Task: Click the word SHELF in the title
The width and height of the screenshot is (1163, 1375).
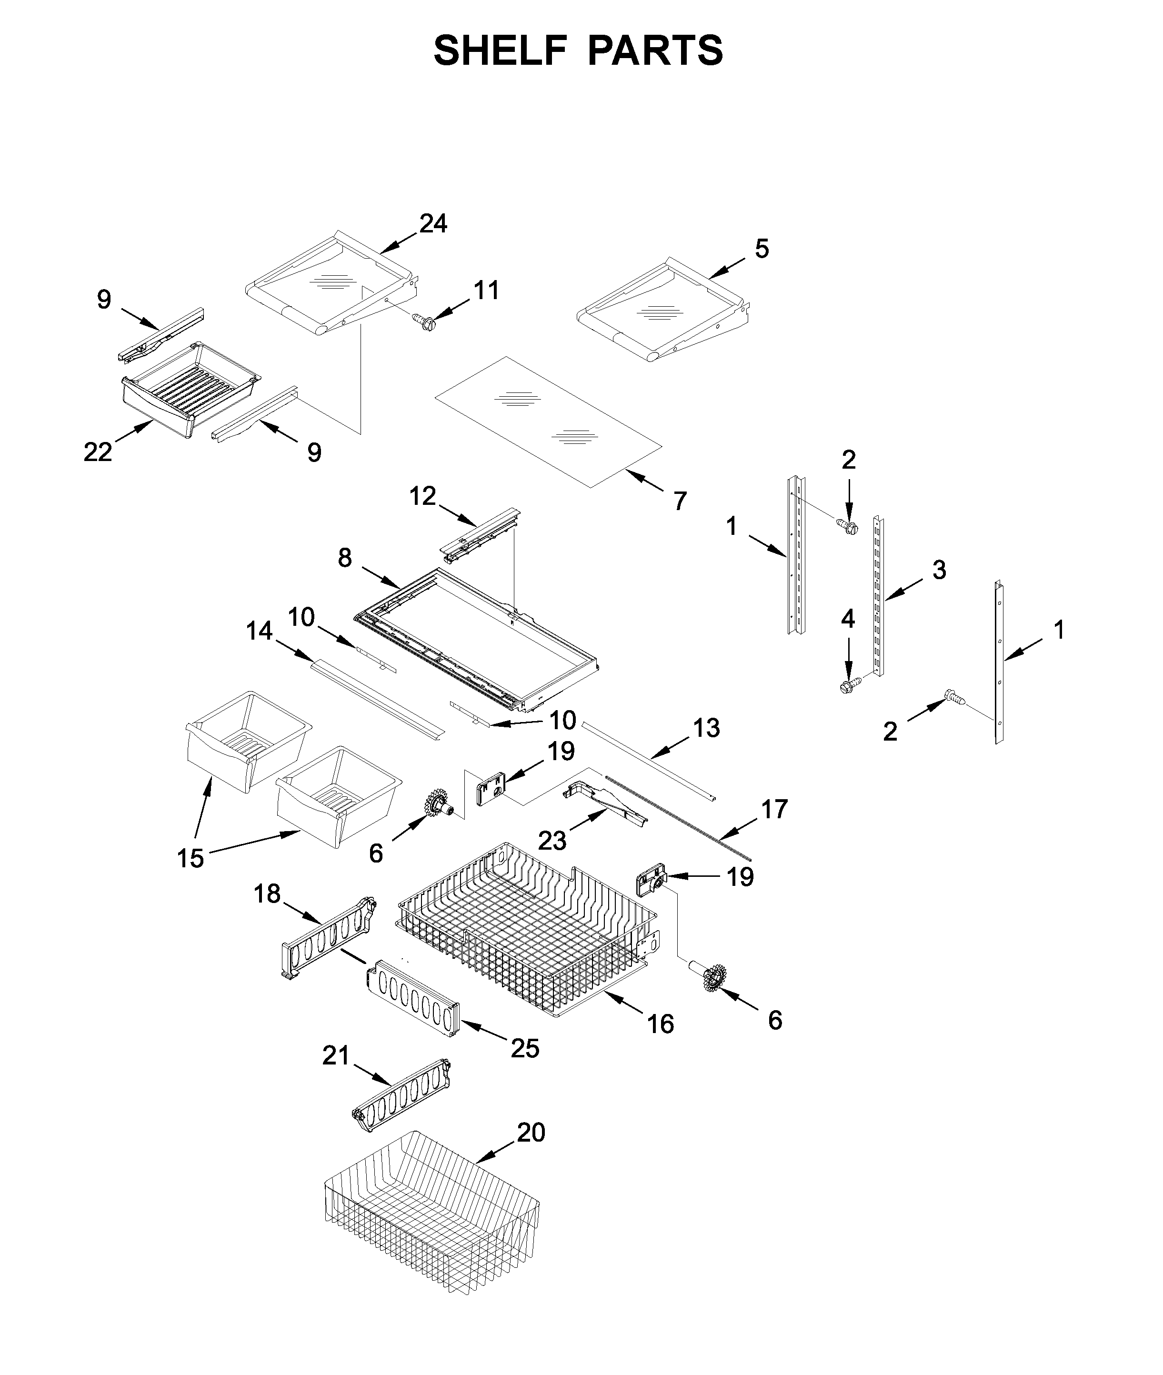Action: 501,51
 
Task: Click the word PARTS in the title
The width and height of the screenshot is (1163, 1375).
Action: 655,51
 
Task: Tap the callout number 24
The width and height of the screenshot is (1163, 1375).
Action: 433,224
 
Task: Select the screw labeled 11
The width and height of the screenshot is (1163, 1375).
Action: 425,321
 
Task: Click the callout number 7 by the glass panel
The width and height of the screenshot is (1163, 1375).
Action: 680,501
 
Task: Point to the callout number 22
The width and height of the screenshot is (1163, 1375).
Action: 98,452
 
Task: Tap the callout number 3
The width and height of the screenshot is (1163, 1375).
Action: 939,570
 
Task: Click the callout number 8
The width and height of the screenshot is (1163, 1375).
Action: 345,558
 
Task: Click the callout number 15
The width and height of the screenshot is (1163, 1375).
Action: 190,858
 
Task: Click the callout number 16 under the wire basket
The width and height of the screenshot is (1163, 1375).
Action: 661,1024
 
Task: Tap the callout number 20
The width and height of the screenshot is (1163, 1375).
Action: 531,1133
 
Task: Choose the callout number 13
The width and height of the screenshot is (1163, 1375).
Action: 706,728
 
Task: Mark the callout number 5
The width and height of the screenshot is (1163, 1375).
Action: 762,249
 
